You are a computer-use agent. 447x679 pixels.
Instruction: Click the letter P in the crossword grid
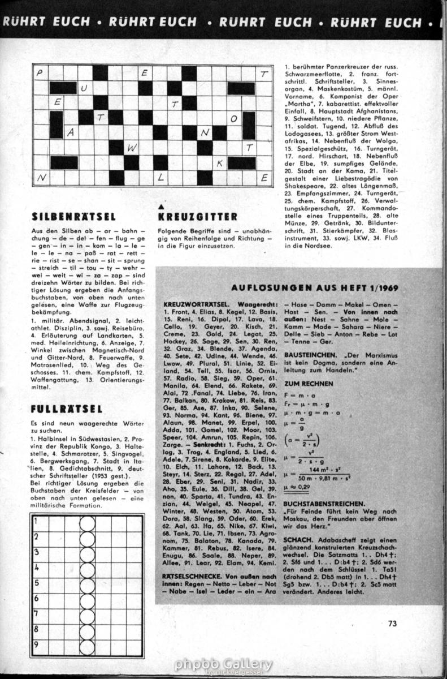tap(40, 74)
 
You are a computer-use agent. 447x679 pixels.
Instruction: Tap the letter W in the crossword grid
tap(131, 148)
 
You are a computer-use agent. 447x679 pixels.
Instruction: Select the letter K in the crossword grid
tap(219, 164)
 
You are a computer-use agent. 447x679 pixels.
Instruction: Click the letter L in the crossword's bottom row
tap(161, 178)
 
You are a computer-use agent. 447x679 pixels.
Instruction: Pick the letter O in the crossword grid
tap(233, 119)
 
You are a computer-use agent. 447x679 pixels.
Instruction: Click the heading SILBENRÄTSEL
tap(74, 216)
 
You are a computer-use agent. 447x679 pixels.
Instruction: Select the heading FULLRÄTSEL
tap(67, 409)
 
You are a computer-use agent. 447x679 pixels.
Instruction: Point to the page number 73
tap(393, 624)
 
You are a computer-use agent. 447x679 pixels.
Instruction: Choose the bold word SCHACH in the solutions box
tap(296, 539)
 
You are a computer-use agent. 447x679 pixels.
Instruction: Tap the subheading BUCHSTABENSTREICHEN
tap(323, 503)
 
